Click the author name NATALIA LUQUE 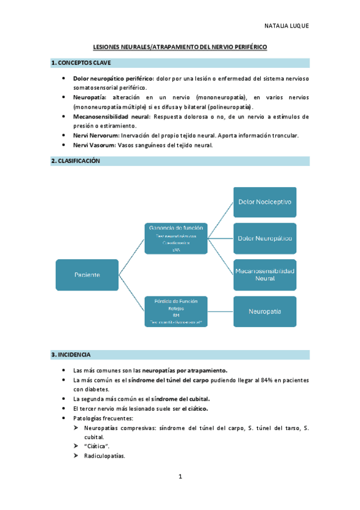[286, 26]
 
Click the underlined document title [180, 46]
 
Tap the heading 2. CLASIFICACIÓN [76, 161]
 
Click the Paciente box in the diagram [87, 274]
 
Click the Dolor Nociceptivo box [264, 202]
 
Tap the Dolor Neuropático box [264, 239]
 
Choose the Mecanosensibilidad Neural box [264, 275]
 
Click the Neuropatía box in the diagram [264, 312]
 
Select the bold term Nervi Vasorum [94, 145]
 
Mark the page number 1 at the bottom [180, 477]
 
